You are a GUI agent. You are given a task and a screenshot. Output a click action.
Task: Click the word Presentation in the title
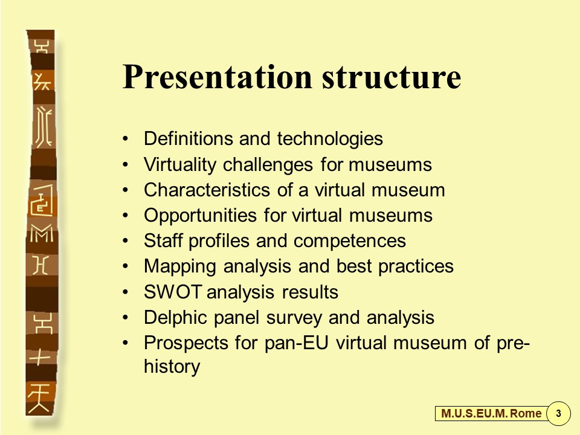(217, 77)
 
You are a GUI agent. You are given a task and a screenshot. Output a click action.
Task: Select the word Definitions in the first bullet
(188, 138)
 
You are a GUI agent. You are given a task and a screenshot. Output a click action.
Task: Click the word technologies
(330, 139)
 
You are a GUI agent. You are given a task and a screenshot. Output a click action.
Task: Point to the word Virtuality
(180, 165)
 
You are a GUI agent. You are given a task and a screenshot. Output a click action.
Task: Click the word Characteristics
(207, 190)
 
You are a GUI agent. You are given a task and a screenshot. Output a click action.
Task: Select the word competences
(350, 242)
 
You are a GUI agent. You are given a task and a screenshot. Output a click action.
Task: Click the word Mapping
(180, 267)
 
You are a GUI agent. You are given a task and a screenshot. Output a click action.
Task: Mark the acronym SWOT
(173, 292)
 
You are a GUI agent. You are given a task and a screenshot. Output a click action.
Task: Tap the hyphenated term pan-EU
(296, 343)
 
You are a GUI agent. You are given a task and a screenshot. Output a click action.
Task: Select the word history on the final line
(172, 367)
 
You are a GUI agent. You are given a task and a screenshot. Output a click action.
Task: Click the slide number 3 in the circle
(558, 413)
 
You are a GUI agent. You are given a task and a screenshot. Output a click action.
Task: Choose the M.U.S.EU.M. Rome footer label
(491, 413)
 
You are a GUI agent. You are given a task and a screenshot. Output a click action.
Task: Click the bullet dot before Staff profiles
(126, 241)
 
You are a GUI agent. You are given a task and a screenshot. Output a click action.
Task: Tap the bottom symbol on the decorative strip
(39, 398)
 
